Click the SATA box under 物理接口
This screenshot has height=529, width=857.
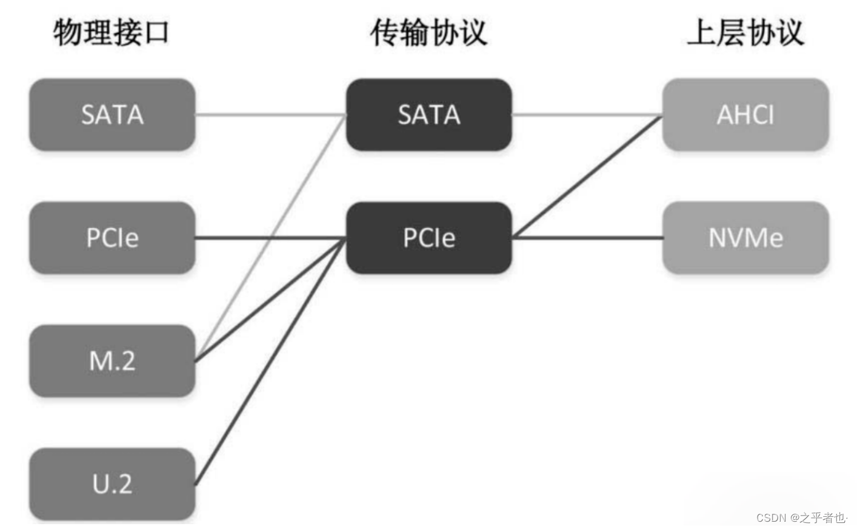[x=112, y=115]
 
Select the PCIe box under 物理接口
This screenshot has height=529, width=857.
[x=112, y=238]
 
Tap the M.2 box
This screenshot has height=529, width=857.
[x=112, y=361]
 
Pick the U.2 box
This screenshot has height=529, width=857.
[x=112, y=484]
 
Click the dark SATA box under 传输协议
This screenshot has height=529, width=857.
[x=428, y=115]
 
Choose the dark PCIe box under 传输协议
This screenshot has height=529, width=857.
[x=428, y=238]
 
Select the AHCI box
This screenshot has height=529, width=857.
[x=745, y=115]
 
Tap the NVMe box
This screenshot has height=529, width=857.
[x=745, y=238]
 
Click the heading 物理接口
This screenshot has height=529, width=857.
[x=111, y=32]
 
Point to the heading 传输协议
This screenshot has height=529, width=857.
[x=428, y=32]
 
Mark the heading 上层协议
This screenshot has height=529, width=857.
[x=745, y=32]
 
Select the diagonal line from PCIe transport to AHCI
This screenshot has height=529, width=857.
[x=587, y=176]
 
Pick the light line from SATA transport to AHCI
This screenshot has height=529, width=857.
[x=587, y=115]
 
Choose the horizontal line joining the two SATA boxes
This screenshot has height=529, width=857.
[x=270, y=115]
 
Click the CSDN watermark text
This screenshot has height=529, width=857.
[x=801, y=517]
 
